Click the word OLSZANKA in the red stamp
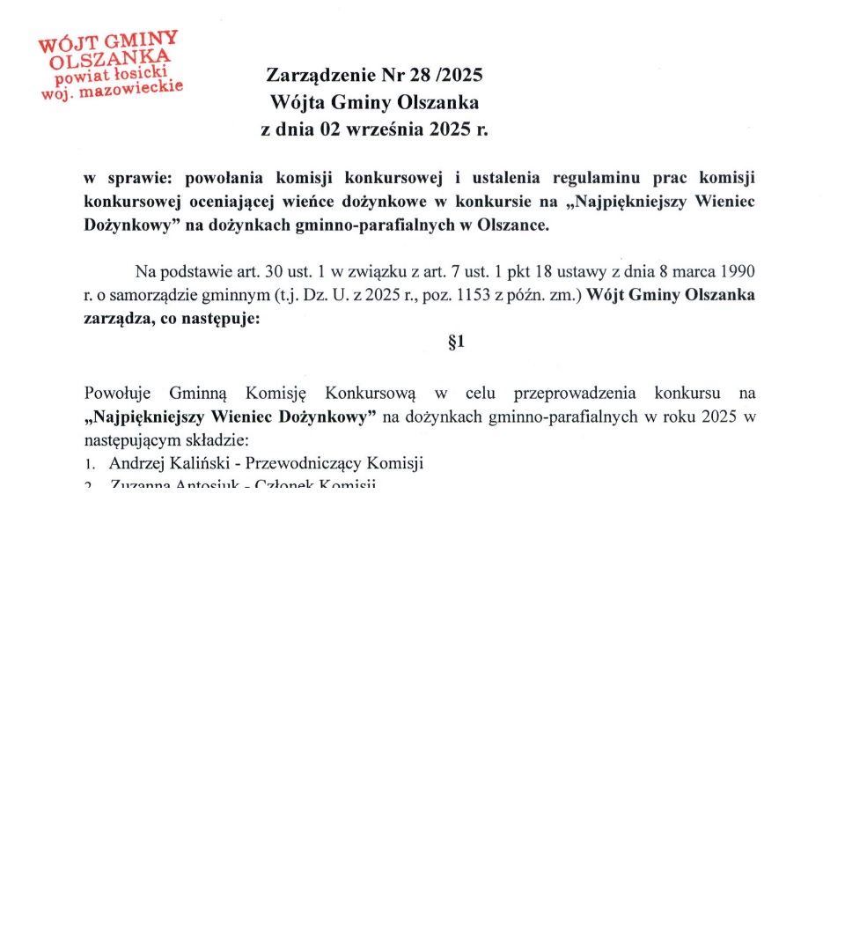110,57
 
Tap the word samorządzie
153,295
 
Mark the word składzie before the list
218,440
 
